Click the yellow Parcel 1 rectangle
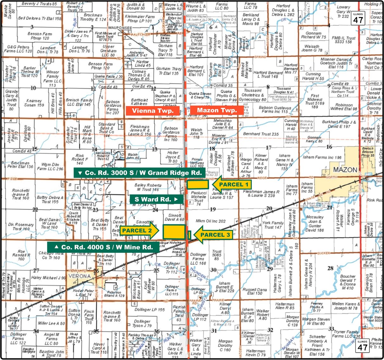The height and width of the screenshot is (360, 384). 197,185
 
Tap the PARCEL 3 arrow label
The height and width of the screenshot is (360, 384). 213,235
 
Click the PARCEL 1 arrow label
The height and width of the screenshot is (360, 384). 232,185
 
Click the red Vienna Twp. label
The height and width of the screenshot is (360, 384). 153,111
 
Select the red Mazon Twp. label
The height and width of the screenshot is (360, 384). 217,110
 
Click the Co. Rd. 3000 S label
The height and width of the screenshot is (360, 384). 140,173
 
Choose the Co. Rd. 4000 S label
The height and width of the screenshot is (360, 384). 103,247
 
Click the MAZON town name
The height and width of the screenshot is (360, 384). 345,170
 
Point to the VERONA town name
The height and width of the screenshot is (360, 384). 80,276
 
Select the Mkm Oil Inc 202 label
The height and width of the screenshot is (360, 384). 211,221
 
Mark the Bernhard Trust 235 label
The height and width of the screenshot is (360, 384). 261,134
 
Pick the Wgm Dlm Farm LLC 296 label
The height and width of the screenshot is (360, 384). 50,167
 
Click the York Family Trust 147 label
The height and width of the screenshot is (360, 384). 273,225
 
